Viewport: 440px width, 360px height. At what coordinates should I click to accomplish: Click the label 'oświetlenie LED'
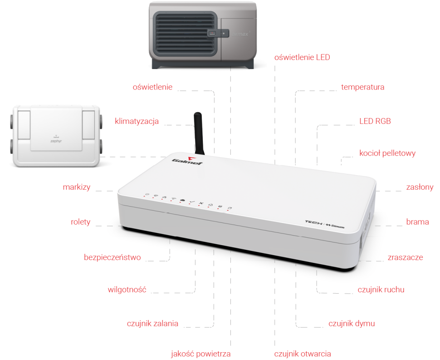coord(302,58)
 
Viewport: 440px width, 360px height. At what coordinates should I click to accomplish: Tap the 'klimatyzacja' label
coord(137,121)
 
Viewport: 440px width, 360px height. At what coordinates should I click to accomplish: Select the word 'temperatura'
coord(362,87)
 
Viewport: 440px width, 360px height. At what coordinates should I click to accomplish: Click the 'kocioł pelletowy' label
coord(387,153)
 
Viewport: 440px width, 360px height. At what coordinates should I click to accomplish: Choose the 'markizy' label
coord(77,187)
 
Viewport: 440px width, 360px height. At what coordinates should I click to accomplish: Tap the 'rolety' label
coord(80,222)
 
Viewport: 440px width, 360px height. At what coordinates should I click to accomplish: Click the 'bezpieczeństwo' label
coord(112,257)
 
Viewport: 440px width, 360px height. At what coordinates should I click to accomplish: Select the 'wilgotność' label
coord(127,290)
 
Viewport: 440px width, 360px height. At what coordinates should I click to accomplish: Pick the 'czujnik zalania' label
coord(152,324)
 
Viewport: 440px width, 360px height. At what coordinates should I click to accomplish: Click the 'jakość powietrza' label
coord(201,354)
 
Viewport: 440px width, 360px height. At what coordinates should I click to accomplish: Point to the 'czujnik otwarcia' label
coord(303,354)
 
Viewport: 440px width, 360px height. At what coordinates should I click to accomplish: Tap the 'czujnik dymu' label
coord(352,324)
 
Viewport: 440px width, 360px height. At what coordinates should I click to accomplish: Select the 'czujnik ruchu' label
coord(381,290)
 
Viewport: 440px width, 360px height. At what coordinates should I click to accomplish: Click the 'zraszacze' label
coord(405,257)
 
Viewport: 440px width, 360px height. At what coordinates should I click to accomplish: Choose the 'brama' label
coord(417,222)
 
